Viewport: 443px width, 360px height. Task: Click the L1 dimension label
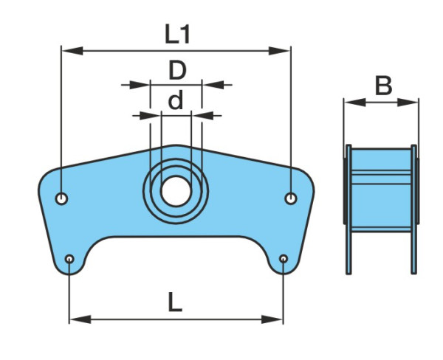(x=177, y=34)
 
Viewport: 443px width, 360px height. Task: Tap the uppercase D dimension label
(x=177, y=70)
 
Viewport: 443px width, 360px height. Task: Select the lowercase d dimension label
(x=176, y=100)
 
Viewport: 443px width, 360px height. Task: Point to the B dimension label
(x=383, y=86)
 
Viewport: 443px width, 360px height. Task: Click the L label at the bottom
(x=175, y=302)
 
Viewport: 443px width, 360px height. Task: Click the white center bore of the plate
(x=176, y=191)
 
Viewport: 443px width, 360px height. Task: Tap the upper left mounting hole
(x=61, y=198)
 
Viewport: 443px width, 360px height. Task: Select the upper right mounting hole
(x=291, y=198)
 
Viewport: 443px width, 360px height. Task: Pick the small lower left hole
(x=69, y=259)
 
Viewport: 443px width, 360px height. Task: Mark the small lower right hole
(x=284, y=259)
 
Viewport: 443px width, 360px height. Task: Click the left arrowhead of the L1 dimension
(x=72, y=51)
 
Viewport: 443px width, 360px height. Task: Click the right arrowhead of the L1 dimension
(x=279, y=51)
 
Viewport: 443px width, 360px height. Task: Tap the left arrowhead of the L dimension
(x=80, y=319)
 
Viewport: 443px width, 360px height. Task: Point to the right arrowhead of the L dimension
(x=272, y=319)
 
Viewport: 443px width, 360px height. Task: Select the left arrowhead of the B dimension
(x=355, y=103)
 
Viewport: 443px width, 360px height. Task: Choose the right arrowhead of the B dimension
(x=408, y=103)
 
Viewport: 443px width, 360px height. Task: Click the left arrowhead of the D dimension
(x=140, y=85)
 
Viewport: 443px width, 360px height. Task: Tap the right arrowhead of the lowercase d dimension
(x=202, y=116)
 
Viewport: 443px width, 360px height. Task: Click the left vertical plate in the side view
(x=348, y=210)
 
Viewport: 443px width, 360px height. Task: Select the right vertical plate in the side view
(x=413, y=210)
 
